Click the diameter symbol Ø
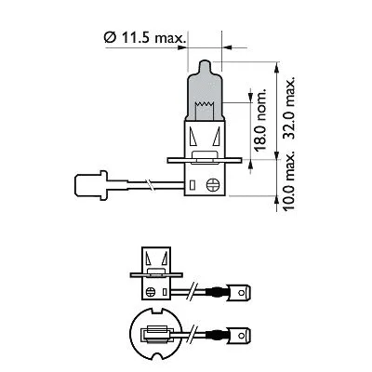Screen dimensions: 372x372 109,38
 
